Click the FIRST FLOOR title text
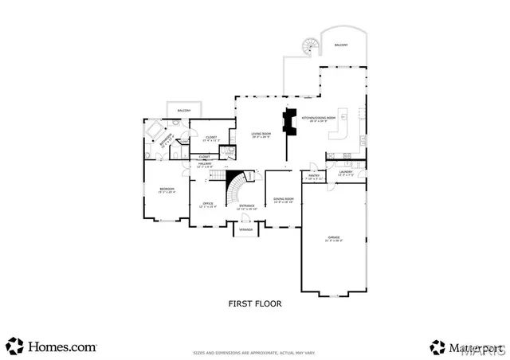coord(254,303)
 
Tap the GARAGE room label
coord(334,238)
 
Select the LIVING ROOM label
coord(261,135)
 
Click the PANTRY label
coord(314,176)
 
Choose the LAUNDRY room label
coord(345,173)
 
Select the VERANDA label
coord(246,229)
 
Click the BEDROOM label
coord(167,190)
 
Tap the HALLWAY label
coord(205,165)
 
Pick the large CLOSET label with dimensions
coord(211,139)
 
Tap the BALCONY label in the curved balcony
coord(341,46)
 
